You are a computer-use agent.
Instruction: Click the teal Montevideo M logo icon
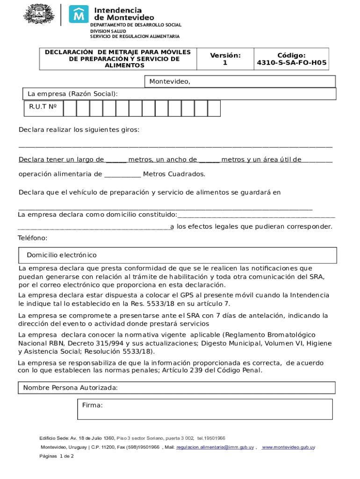79,14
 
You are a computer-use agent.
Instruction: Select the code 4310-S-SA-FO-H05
292,63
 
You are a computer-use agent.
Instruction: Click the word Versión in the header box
225,55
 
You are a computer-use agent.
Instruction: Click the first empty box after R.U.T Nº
70,109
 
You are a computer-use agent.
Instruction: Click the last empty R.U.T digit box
214,109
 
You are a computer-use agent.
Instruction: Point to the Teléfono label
33,238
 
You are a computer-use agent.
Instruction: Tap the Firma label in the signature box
92,405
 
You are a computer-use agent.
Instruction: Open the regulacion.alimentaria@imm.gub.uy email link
215,448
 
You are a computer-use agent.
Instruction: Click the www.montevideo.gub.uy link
288,448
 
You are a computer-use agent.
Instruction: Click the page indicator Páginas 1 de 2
57,456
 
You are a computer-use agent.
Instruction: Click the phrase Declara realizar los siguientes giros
79,130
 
